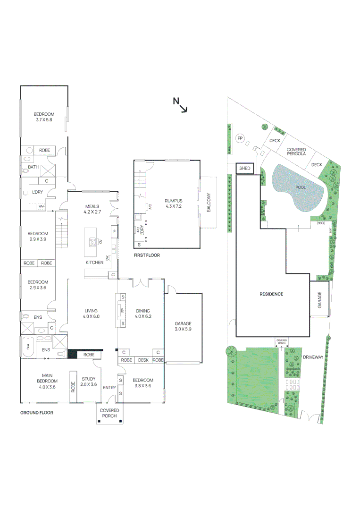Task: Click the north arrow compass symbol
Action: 180,105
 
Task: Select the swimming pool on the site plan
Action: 298,189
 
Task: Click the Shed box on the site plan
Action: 244,168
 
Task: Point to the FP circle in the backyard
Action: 240,138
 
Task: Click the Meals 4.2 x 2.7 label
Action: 92,209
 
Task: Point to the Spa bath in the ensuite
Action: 28,348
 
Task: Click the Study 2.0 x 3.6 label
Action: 89,381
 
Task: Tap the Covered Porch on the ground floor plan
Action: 109,413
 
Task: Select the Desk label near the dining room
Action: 142,360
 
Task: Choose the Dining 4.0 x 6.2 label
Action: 143,314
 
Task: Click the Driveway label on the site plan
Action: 313,357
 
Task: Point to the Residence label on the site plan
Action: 271,294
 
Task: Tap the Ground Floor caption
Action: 36,413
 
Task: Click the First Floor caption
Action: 146,255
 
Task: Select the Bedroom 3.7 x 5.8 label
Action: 44,117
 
